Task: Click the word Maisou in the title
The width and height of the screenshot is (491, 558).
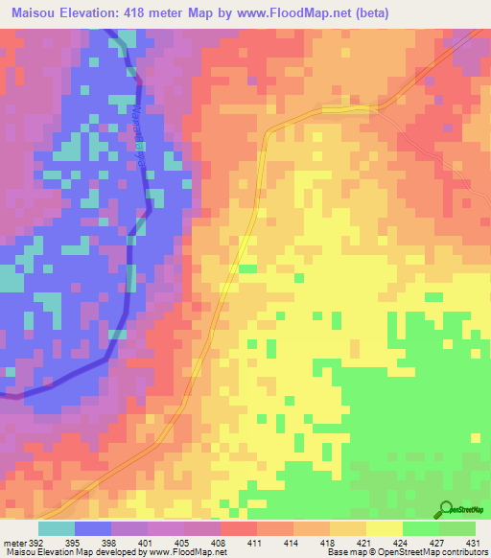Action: tap(30, 13)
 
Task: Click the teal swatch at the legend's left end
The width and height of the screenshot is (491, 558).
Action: tap(57, 528)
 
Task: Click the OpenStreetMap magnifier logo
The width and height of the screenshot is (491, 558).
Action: tap(444, 509)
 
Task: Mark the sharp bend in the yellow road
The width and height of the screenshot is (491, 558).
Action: tap(266, 130)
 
